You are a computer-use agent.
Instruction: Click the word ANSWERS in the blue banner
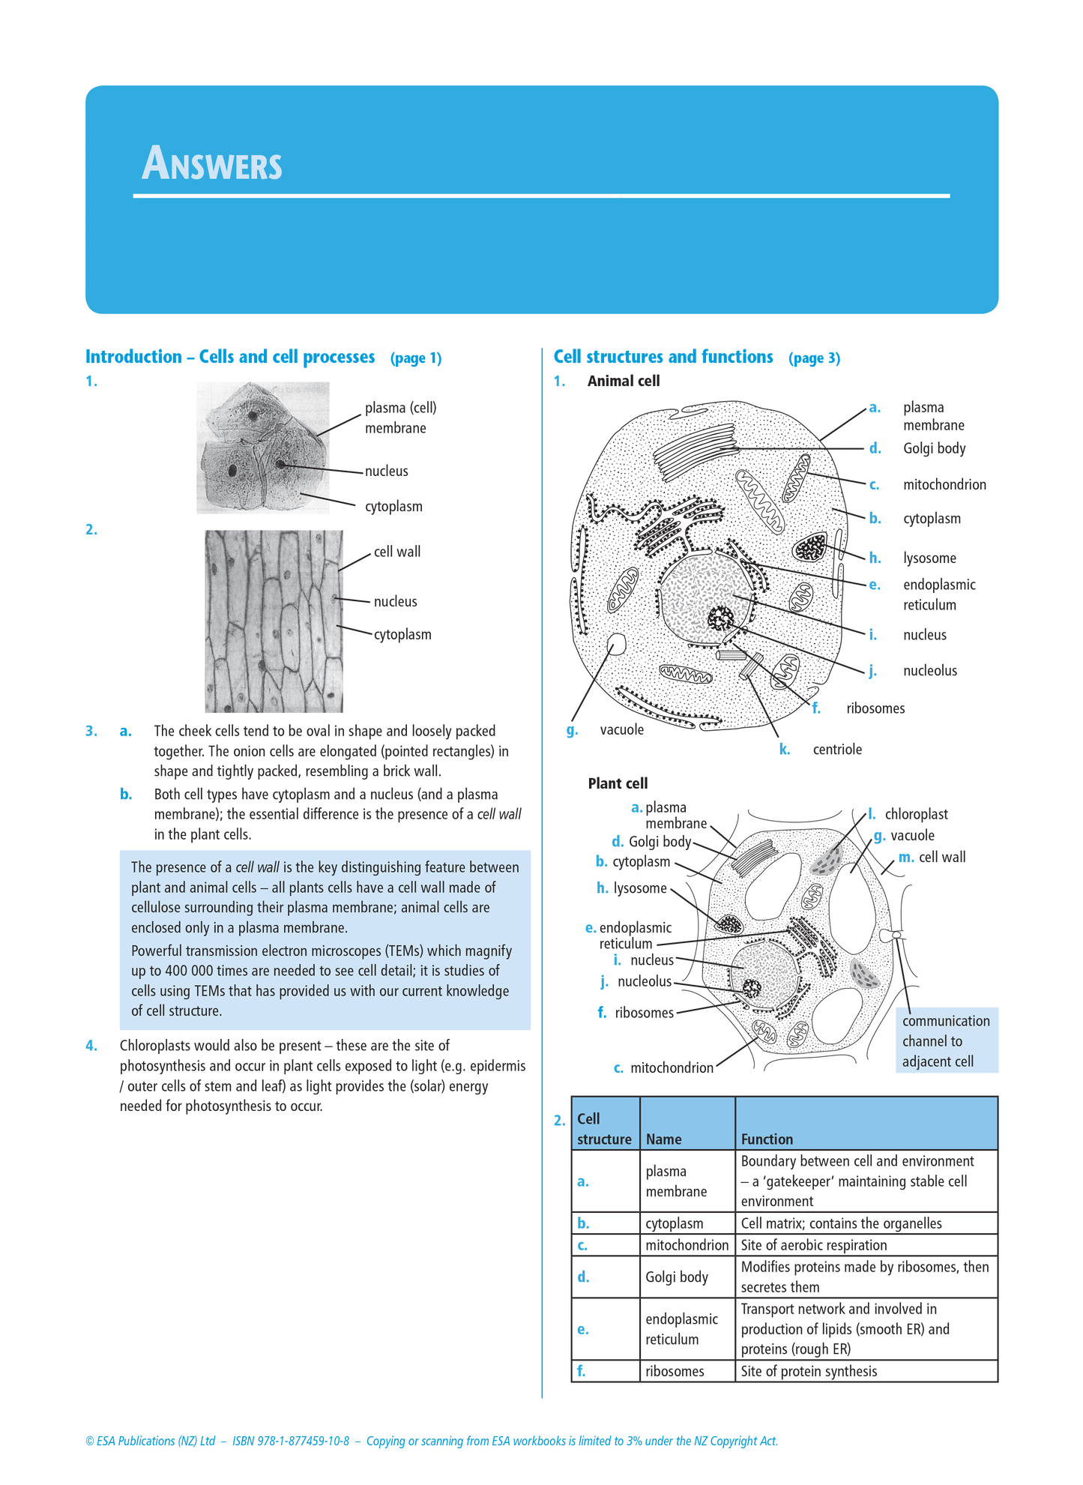212,163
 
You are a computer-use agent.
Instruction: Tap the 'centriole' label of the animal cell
837,750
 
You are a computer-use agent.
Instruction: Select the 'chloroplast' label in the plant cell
916,814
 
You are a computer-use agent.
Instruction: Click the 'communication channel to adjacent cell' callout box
946,1040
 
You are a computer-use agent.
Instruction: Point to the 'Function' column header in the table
767,1139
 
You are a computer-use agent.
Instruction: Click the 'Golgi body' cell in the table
677,1277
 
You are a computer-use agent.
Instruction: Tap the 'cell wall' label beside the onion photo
397,552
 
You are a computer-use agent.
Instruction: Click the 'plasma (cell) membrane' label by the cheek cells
400,418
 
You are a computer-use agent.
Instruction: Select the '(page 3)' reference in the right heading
814,358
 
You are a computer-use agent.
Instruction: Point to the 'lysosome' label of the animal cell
929,558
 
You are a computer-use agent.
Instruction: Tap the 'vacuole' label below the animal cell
622,729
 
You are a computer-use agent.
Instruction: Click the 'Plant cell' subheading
618,783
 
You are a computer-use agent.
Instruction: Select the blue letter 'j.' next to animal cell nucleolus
872,671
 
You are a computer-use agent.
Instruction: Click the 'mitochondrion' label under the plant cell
672,1067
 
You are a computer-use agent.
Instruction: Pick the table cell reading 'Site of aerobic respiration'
814,1245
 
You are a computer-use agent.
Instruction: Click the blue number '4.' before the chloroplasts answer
91,1046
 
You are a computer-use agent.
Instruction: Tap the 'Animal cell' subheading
624,381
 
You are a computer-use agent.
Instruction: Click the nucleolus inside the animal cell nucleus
722,618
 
